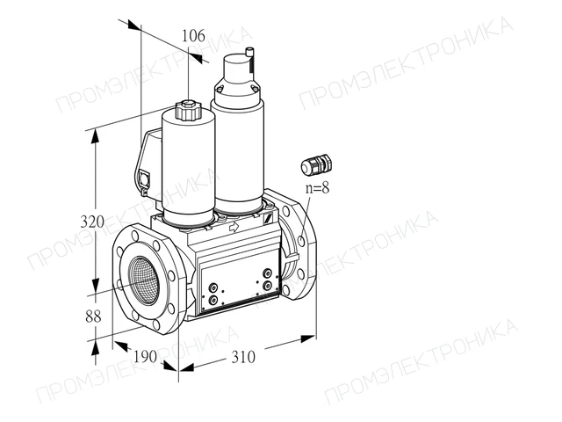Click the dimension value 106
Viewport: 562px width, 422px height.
[193, 36]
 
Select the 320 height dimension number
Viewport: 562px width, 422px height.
[92, 222]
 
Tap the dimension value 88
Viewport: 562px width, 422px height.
[93, 316]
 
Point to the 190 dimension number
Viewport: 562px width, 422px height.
[145, 356]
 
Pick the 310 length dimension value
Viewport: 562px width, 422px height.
[243, 357]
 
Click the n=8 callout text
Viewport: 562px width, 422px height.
[317, 187]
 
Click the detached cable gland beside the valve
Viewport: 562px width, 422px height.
[316, 165]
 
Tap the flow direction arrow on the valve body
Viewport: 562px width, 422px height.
[234, 227]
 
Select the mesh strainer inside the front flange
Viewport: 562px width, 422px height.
[144, 280]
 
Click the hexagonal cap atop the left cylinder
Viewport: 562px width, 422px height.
[188, 110]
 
